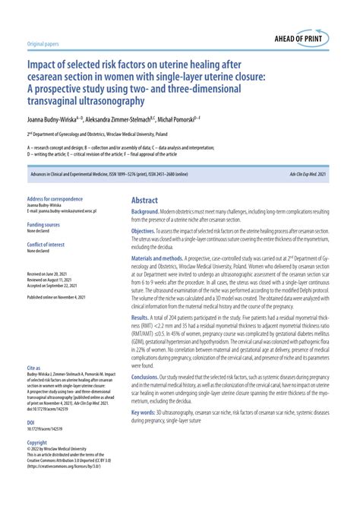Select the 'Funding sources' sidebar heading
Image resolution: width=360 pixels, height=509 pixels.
(43, 225)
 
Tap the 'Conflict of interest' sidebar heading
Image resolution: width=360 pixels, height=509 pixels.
(46, 244)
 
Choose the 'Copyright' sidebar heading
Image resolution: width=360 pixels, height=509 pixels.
(37, 441)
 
